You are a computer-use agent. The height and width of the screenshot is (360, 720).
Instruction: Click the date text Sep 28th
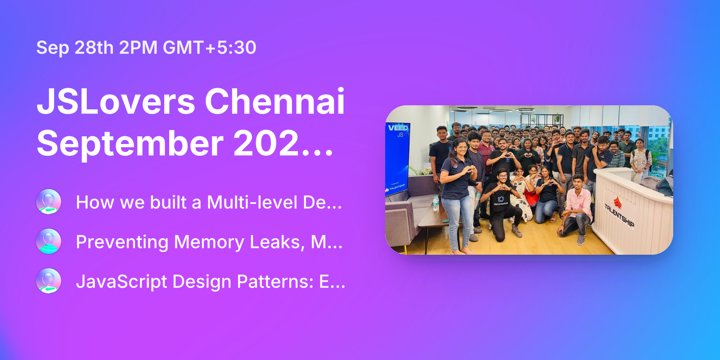tap(75, 48)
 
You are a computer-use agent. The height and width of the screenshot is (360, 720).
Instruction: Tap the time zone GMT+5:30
tap(210, 48)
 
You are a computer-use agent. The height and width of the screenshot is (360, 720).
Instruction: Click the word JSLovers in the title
tap(116, 102)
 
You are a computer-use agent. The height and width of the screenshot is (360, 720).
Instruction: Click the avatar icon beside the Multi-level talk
tap(49, 202)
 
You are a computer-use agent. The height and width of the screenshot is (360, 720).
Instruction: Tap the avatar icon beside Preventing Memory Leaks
tap(49, 241)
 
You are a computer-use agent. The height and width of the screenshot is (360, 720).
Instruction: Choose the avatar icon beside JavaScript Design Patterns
tap(49, 281)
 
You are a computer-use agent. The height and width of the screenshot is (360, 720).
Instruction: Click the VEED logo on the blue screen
tap(398, 128)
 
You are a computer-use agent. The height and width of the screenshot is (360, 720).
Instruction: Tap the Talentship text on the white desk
tap(620, 215)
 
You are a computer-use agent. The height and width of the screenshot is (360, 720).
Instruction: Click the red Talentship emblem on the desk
tap(618, 201)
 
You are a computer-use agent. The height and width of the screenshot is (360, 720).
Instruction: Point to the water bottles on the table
tap(435, 203)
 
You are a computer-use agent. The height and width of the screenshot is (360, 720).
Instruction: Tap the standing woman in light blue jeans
tap(457, 193)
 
